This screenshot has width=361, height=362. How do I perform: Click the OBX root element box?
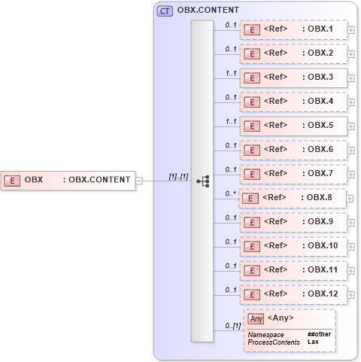point(68,180)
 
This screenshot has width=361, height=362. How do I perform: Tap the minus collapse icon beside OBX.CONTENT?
point(139,180)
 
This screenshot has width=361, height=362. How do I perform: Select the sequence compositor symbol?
point(202,181)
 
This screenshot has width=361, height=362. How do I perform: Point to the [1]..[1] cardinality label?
point(178,175)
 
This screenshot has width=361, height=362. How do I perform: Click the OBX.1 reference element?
point(293,30)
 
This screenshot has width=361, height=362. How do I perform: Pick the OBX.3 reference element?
point(293,78)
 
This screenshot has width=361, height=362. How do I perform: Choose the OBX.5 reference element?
point(293,126)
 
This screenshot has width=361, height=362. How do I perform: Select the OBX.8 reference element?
point(293,198)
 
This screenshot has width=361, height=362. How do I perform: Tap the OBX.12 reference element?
point(293,294)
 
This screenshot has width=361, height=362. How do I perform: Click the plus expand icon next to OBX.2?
point(351,54)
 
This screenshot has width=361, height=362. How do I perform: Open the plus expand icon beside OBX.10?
point(351,247)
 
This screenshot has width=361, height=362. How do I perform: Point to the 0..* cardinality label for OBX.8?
point(231,193)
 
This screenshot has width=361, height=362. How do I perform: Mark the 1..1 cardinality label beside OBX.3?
point(231,72)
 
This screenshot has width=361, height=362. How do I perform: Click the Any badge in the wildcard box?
point(256,318)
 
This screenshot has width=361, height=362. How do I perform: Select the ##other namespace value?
point(318,334)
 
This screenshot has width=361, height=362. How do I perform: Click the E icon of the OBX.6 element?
point(253,150)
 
